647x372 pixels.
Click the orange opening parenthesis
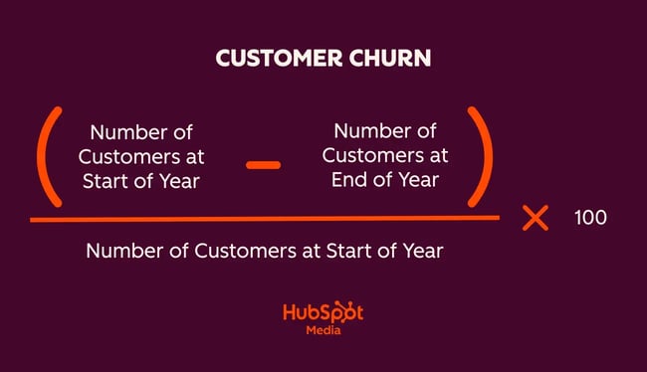coord(49,160)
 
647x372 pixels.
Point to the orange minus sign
coord(264,164)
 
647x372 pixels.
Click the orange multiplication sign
coord(536,217)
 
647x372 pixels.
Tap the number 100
coord(590,217)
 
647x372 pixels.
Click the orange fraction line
coord(264,218)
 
